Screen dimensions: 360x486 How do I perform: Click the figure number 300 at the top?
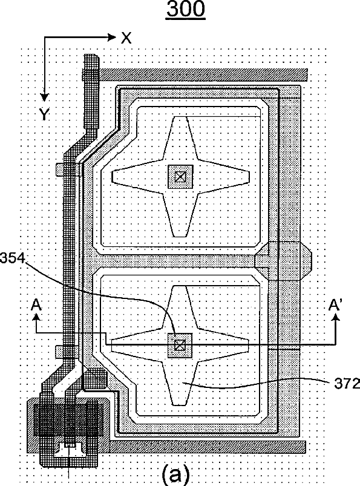[186, 8]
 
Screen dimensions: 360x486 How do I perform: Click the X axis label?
[126, 38]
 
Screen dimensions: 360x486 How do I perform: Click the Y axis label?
[45, 114]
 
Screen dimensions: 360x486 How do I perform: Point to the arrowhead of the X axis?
[111, 38]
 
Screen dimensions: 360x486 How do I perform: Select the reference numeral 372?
[347, 384]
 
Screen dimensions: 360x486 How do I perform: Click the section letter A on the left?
[36, 305]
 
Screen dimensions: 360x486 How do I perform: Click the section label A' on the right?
[335, 305]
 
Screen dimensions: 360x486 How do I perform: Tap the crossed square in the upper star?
[180, 177]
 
